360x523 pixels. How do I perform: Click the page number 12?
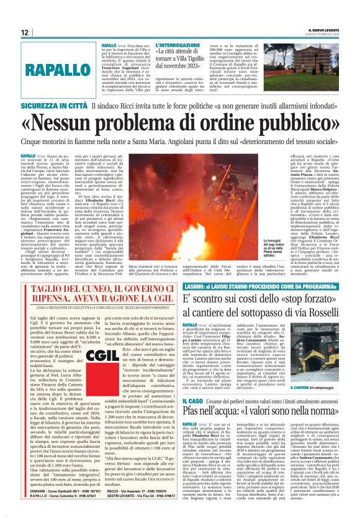[x=25, y=33]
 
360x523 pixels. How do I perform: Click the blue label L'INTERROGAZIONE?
[x=177, y=45]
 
